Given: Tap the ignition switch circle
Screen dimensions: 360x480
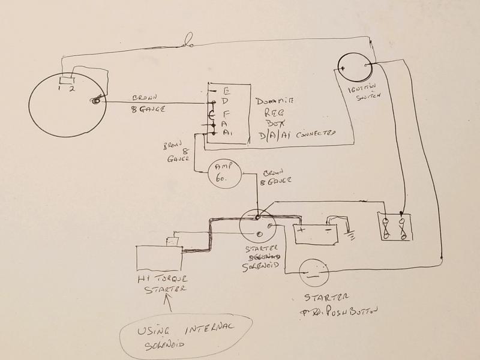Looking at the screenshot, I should [x=353, y=70].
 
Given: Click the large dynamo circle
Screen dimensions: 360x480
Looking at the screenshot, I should [x=67, y=105].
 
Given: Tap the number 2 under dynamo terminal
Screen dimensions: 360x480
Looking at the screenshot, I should [x=71, y=89].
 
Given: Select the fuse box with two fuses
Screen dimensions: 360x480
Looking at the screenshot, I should [x=394, y=226].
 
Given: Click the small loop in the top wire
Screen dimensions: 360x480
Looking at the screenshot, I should [x=188, y=43].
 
